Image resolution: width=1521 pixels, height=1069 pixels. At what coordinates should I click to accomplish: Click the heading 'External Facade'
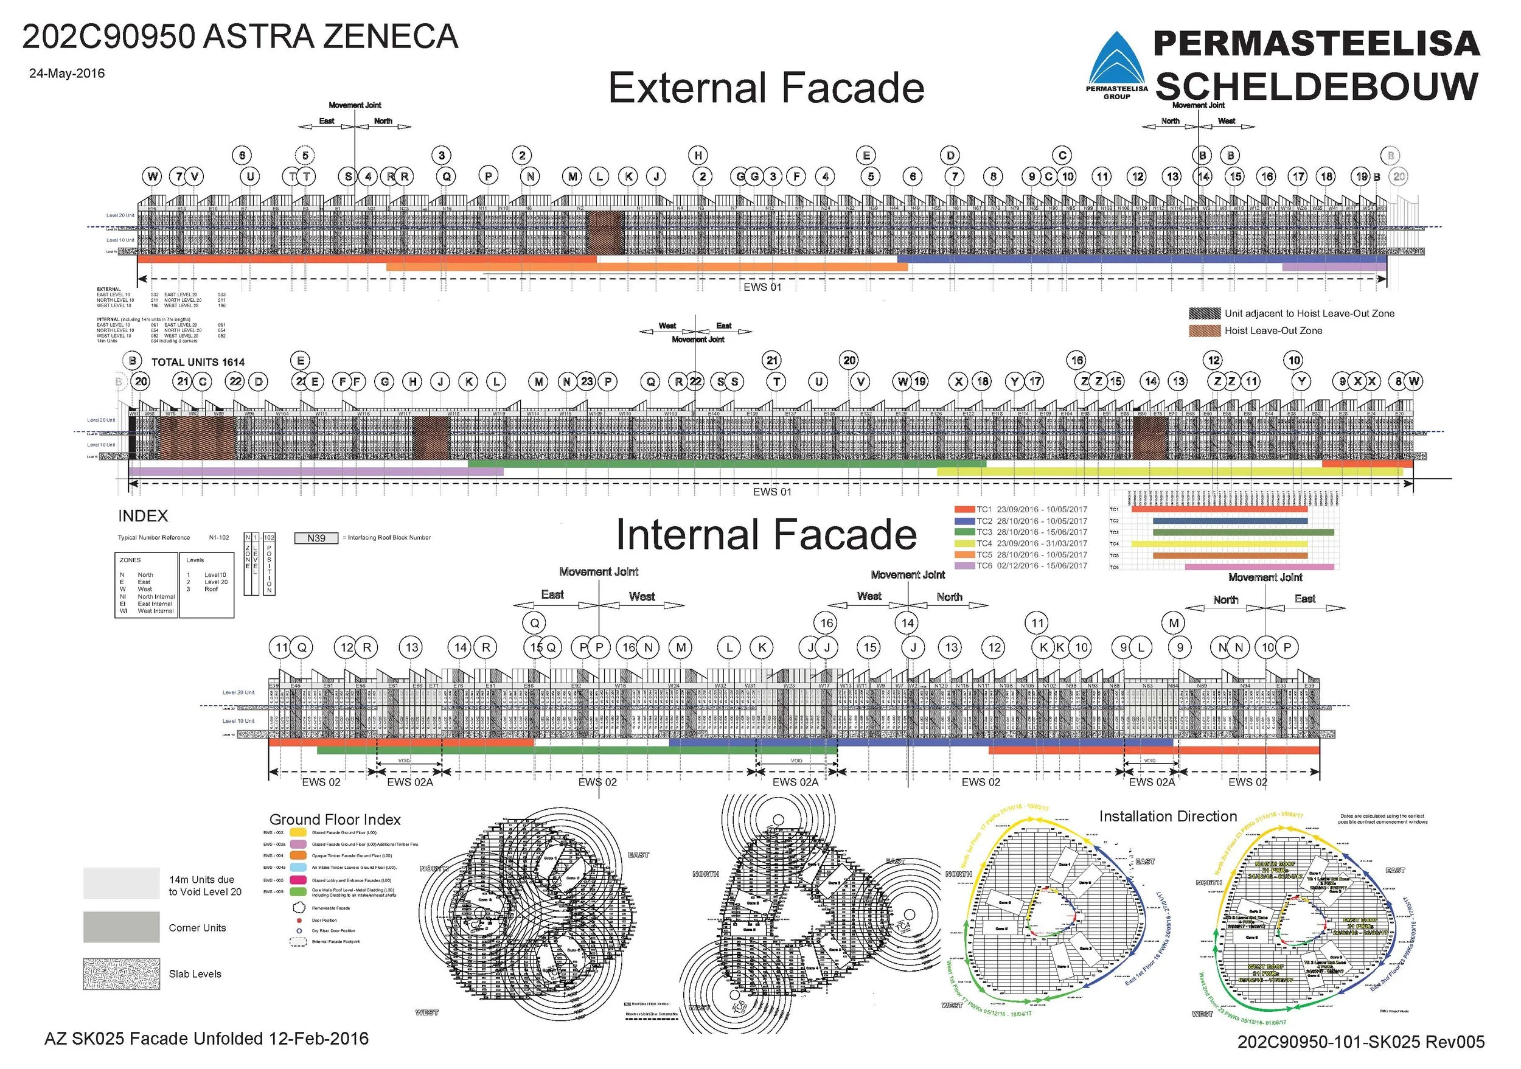(x=766, y=88)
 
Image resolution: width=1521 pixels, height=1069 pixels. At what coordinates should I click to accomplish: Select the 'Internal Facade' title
(x=766, y=534)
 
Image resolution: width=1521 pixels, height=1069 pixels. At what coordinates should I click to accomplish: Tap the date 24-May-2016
(x=66, y=74)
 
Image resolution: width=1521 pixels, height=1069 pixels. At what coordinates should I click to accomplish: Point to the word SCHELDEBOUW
(x=1317, y=86)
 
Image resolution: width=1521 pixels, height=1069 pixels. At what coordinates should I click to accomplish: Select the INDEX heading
(x=142, y=516)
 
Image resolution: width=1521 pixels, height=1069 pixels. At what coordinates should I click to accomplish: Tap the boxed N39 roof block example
(x=316, y=538)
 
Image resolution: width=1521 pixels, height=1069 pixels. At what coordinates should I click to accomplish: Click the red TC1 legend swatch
(x=964, y=510)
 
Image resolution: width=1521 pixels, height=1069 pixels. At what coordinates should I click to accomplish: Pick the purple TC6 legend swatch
(x=964, y=566)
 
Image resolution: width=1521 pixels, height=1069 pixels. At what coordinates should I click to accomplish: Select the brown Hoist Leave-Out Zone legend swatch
(x=1205, y=330)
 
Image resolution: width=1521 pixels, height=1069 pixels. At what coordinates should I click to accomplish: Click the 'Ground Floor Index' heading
(x=335, y=820)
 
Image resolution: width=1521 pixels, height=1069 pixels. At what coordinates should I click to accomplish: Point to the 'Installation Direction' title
(x=1168, y=817)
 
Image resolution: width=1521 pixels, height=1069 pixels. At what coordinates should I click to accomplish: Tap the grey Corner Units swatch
(x=121, y=927)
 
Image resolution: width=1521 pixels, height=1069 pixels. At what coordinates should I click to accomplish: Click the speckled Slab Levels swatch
(x=121, y=973)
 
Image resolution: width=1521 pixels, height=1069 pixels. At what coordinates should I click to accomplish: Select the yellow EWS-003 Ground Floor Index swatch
(x=299, y=832)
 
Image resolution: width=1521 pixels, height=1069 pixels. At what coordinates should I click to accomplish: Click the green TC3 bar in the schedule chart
(x=1243, y=532)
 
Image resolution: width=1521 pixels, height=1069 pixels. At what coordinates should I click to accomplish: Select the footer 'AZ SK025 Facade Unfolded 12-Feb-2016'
(x=206, y=1039)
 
